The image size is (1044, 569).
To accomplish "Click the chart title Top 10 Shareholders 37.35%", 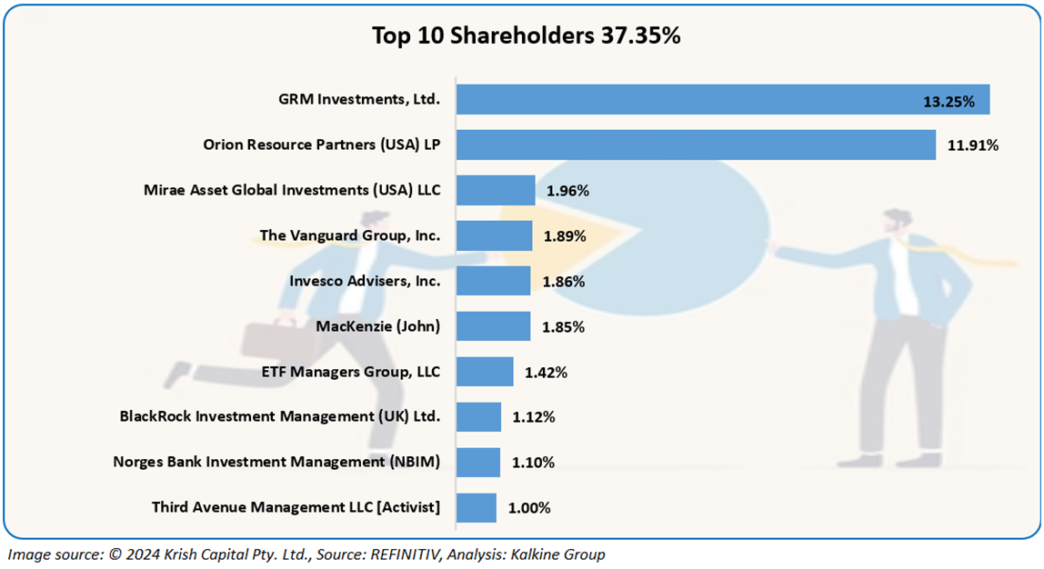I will tap(527, 35).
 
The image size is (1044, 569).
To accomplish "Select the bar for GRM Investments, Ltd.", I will tap(722, 100).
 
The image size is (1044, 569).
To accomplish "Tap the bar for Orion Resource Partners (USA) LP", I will tap(696, 145).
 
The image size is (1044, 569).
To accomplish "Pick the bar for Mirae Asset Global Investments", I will tap(496, 191).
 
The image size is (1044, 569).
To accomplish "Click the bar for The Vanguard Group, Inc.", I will tap(494, 236).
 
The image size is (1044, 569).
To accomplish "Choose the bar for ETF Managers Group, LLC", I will tap(485, 372).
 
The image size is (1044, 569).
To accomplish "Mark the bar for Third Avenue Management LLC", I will tap(477, 507).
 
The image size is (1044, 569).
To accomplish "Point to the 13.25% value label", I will tap(949, 102).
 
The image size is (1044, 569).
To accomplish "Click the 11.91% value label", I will tap(972, 145).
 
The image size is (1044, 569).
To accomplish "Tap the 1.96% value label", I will tap(567, 191).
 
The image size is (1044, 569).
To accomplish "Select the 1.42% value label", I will tap(546, 372).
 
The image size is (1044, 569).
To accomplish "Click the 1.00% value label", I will tap(529, 508).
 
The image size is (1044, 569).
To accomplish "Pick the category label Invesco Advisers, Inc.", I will tap(365, 281).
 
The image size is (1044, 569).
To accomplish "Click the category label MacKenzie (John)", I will tap(377, 326).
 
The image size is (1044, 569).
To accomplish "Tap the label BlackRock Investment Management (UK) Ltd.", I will tap(280, 416).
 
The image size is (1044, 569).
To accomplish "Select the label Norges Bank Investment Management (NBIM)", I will tap(276, 462).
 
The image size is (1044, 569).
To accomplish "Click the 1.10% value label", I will tap(533, 463).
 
